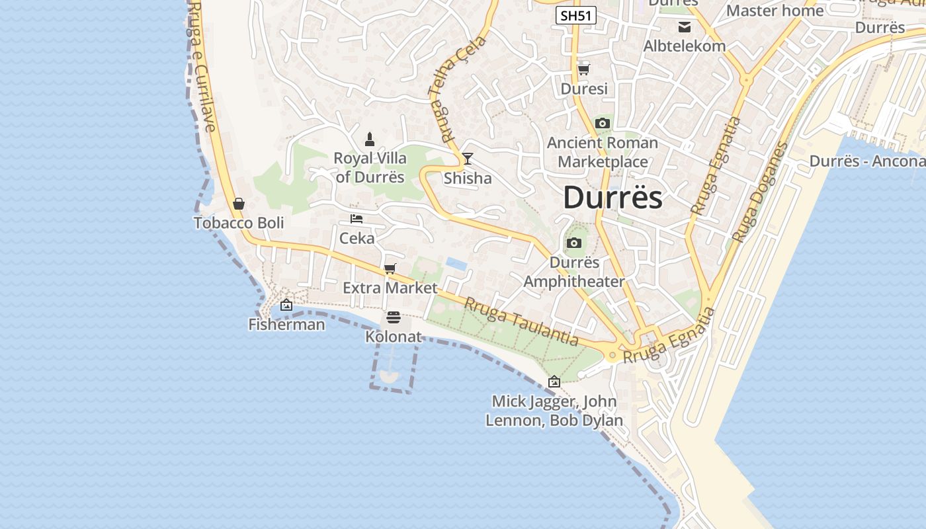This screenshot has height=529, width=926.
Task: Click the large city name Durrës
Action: (x=612, y=198)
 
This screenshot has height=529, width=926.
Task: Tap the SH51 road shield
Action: (x=575, y=16)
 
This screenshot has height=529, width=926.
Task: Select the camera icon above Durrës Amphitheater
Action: (x=574, y=243)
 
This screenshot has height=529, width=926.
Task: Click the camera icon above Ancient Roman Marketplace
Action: (x=602, y=124)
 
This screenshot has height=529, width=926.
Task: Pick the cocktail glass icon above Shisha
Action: (x=468, y=158)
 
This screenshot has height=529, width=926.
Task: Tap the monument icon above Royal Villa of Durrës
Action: (x=370, y=140)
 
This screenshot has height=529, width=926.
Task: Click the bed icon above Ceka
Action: (x=357, y=219)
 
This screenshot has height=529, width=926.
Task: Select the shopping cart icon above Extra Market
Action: (x=390, y=268)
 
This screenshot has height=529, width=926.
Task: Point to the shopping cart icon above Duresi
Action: (x=583, y=69)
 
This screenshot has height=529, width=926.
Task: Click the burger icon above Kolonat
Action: (x=394, y=318)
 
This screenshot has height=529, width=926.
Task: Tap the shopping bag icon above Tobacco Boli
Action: (x=239, y=204)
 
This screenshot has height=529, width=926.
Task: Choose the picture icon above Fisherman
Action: (x=286, y=305)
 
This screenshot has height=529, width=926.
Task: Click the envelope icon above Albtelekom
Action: (x=685, y=27)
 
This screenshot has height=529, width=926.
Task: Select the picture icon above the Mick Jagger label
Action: (x=554, y=382)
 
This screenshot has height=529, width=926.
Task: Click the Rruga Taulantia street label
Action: (x=521, y=321)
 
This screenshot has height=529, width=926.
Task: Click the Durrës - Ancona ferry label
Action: (x=867, y=161)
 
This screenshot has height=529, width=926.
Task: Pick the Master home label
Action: (x=775, y=11)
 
